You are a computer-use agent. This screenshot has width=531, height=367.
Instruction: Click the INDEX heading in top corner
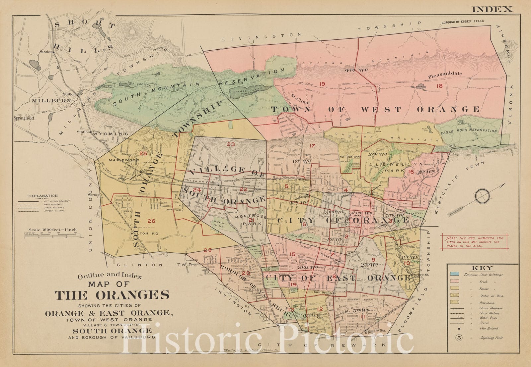492,9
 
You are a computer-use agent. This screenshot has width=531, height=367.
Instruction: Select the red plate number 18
439,86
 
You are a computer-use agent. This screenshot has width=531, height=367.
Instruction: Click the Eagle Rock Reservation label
469,131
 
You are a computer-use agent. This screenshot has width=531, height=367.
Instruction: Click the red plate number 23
231,144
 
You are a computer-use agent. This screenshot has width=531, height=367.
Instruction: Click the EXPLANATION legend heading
43,196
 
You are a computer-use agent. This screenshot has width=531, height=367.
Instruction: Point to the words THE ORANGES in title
112,295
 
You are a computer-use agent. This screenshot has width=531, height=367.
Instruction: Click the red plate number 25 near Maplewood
143,153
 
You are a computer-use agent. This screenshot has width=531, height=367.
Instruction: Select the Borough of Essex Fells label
462,21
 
